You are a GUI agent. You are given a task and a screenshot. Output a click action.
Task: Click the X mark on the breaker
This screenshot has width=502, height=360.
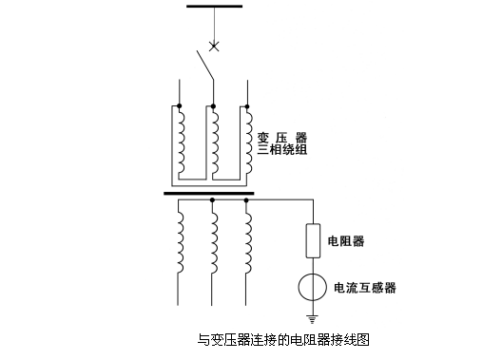pyautogui.click(x=214, y=45)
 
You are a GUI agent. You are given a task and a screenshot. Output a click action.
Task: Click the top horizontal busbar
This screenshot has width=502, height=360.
pyautogui.click(x=215, y=8)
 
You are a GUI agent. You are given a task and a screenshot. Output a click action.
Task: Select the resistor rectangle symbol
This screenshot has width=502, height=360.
pyautogui.click(x=311, y=240)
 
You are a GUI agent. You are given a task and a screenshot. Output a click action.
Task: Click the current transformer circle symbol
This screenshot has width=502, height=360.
pyautogui.click(x=311, y=287)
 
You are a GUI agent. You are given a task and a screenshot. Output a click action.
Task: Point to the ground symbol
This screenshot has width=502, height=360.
pyautogui.click(x=311, y=318)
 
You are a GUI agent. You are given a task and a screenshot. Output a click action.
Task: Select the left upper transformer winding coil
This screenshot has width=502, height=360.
pyautogui.click(x=178, y=141)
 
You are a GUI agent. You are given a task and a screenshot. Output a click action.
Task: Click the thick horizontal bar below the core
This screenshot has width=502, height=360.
pyautogui.click(x=209, y=192)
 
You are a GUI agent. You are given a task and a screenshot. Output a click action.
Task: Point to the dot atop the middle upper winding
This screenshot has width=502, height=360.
pyautogui.click(x=213, y=106)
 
